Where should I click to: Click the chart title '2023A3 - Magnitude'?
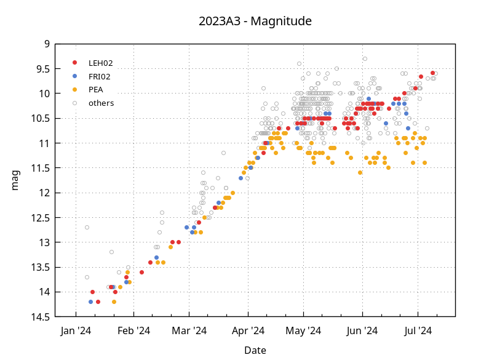255,21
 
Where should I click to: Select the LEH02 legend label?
100,63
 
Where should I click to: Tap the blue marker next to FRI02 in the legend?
75,76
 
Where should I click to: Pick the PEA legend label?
95,90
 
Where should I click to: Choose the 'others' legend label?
101,103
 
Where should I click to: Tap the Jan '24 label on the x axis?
76,330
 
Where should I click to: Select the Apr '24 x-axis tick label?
248,330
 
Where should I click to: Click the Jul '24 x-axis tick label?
418,330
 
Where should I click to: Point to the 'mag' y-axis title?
15,180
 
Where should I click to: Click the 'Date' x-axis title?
255,350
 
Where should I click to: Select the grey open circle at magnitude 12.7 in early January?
87,227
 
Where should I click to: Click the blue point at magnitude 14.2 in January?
90,302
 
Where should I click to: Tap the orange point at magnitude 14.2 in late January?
114,302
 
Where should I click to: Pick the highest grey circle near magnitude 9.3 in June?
365,58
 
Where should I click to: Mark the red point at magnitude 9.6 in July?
432,73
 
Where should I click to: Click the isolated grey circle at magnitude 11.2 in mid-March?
223,153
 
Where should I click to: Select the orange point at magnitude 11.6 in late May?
360,172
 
